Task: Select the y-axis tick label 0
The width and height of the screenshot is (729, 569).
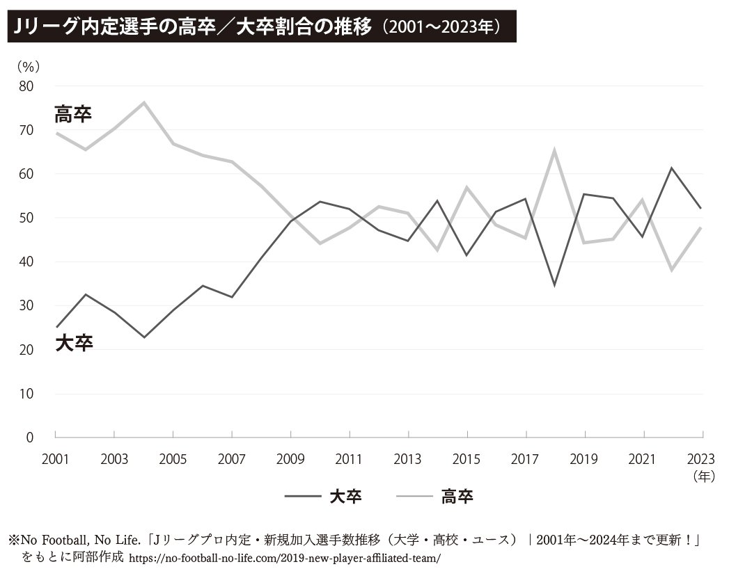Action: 29,438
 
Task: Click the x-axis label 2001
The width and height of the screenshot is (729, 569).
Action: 55,459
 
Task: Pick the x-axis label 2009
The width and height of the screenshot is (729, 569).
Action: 290,459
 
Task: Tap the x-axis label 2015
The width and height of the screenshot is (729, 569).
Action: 467,459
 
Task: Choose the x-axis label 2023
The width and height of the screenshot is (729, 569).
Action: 700,459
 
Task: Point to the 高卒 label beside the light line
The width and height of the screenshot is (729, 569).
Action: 73,114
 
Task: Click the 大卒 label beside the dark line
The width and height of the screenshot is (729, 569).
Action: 74,343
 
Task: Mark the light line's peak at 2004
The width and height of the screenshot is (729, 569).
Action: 143,102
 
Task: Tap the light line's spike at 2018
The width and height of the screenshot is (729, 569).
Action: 554,150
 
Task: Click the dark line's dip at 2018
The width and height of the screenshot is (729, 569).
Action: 554,285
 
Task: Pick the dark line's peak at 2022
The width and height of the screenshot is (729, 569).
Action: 672,168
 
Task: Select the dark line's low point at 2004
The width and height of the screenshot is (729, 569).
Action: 143,337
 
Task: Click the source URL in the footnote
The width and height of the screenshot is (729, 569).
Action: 285,559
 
